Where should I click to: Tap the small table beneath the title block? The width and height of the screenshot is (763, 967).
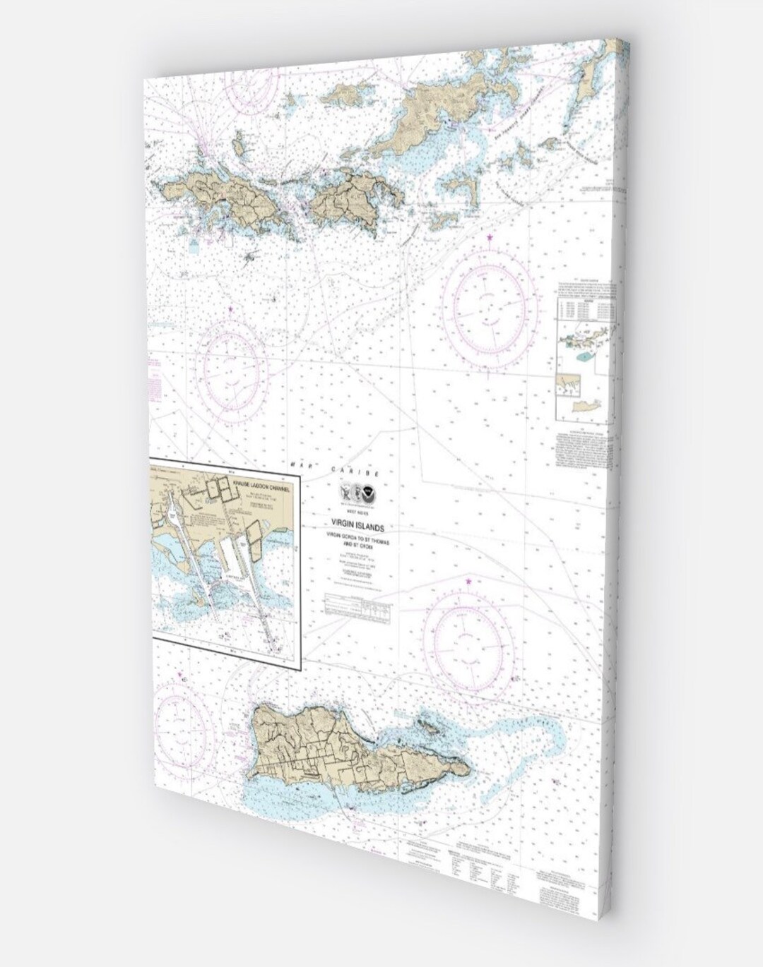[x=357, y=609]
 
